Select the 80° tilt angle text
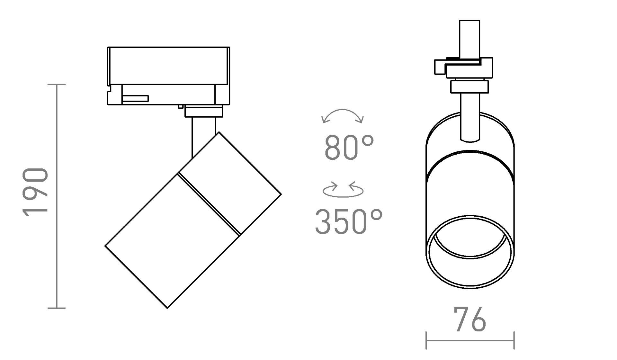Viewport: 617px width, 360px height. coord(349,147)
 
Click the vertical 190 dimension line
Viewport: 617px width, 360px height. coord(57,196)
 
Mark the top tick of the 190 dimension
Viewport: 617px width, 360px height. coord(57,85)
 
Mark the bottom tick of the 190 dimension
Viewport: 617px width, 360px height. coord(57,308)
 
